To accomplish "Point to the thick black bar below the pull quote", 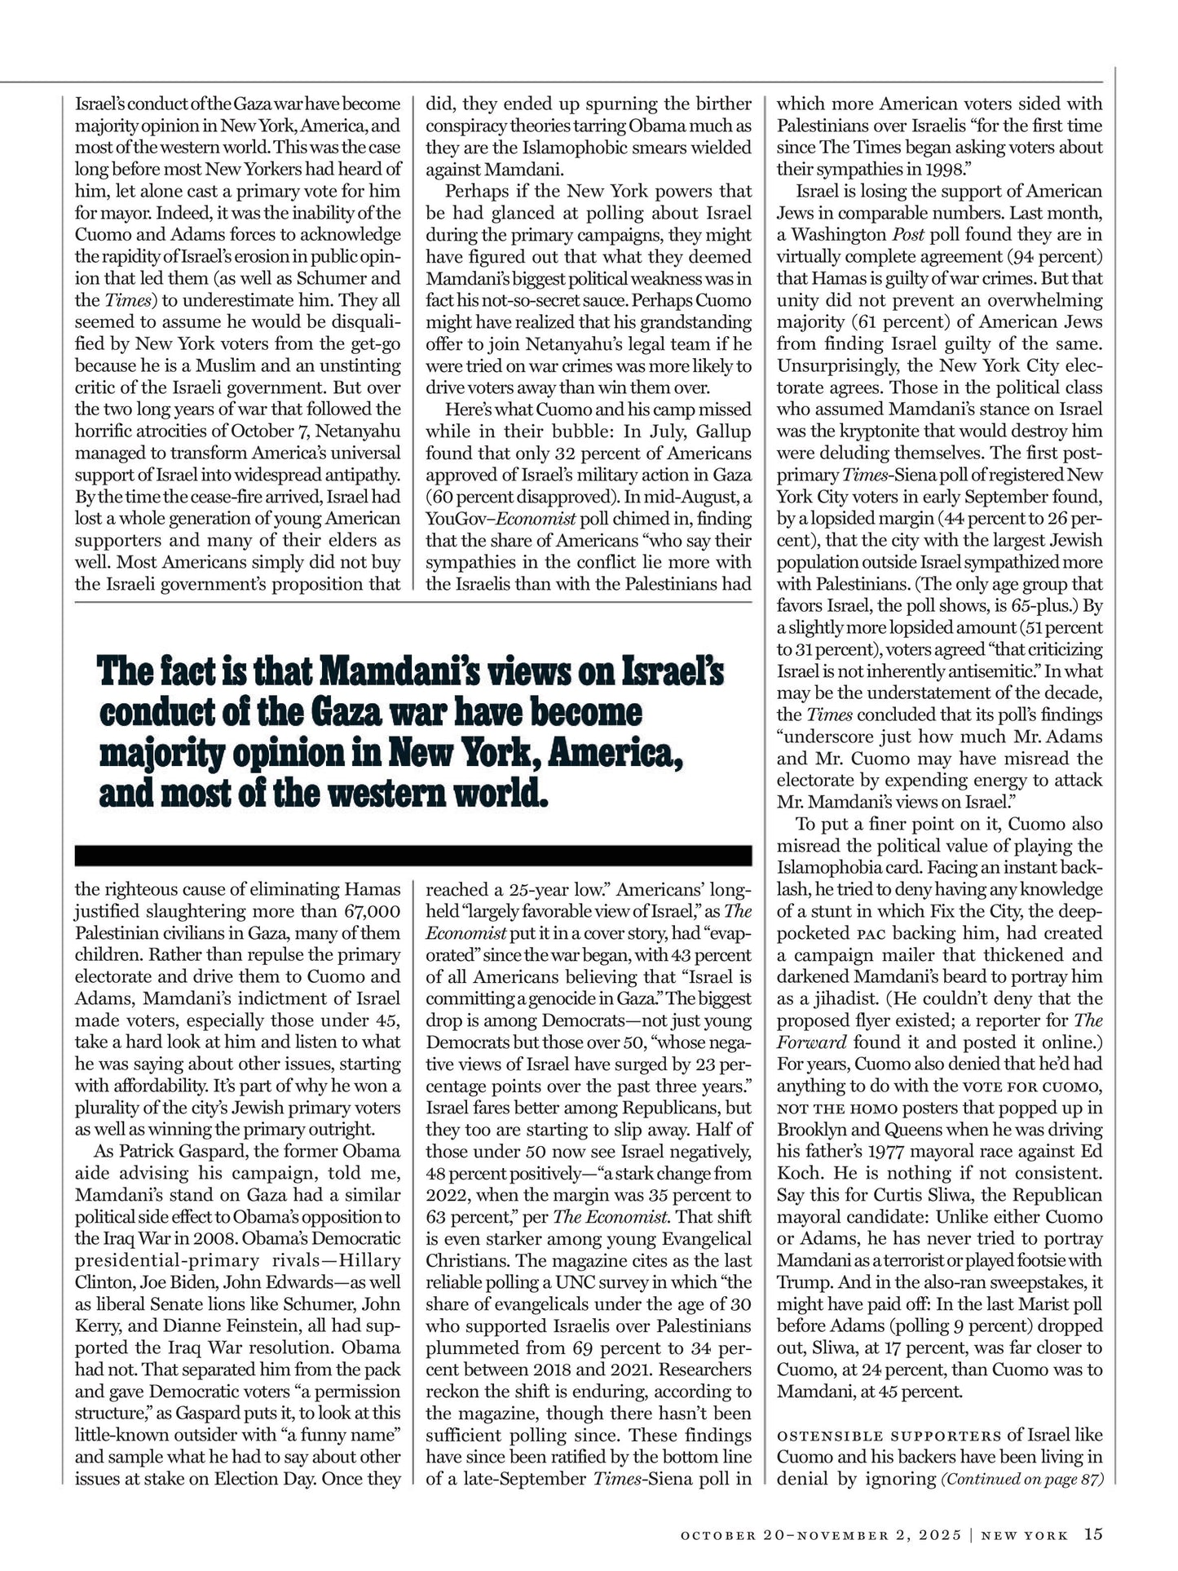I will pos(413,855).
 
